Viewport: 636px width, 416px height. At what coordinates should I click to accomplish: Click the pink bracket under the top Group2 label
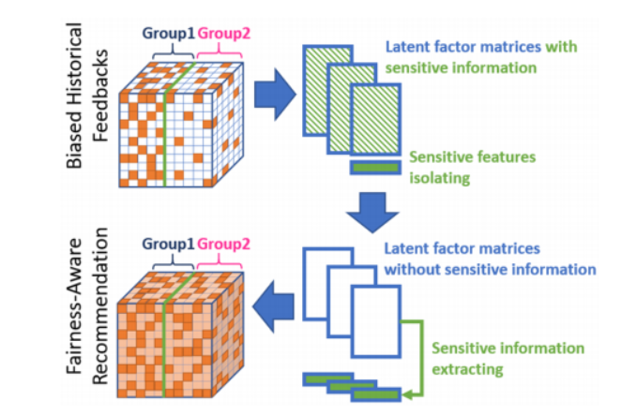(218, 57)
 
